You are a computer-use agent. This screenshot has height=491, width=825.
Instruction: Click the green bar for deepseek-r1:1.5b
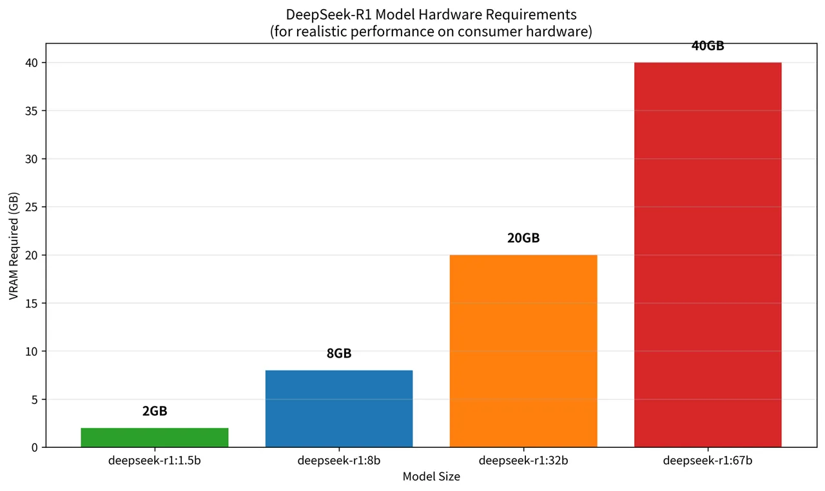tap(155, 438)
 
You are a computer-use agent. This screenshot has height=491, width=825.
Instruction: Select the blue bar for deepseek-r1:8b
tap(339, 409)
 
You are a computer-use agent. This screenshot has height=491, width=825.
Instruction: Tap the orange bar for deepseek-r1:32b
tap(523, 351)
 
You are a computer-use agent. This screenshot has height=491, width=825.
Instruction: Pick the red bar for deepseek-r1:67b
tap(708, 255)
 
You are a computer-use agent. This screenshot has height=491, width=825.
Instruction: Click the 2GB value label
tap(155, 411)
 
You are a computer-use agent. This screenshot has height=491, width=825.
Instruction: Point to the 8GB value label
tap(339, 353)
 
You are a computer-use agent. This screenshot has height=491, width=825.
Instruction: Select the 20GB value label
tap(523, 238)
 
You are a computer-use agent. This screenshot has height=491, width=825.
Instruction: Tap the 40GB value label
tap(708, 46)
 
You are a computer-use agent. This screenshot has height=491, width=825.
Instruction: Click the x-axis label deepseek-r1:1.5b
tap(155, 461)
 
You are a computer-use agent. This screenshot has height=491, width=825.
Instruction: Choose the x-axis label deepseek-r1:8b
tap(339, 461)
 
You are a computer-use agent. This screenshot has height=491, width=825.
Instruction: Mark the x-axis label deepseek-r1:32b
tap(523, 461)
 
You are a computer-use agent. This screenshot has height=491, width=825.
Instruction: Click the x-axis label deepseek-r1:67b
tap(708, 461)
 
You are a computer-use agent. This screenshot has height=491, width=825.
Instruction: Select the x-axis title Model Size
tap(431, 477)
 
